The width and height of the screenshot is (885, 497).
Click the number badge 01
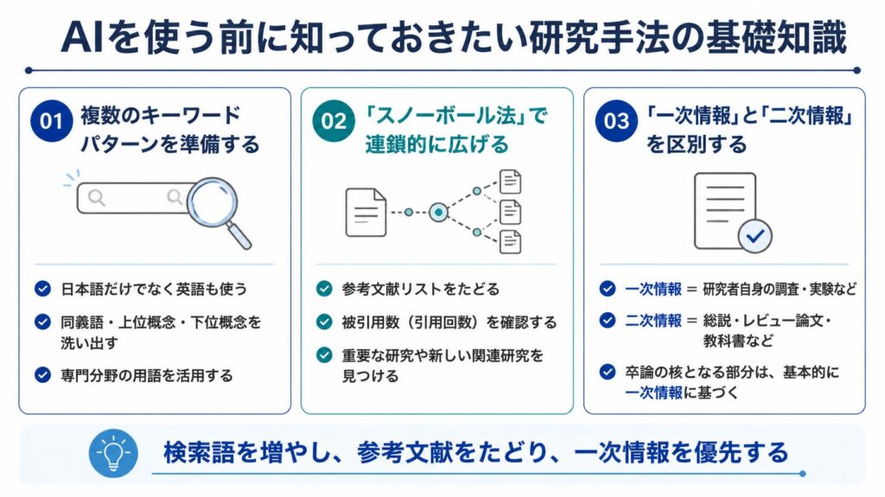pos(51,121)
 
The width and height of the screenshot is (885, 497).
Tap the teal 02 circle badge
pos(334,121)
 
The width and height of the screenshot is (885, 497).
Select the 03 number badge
pos(616,121)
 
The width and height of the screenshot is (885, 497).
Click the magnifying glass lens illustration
pos(213,203)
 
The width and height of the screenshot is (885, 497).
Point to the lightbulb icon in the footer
pos(113,453)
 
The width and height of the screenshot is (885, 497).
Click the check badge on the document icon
pos(755,236)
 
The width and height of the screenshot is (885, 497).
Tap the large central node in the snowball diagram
pos(438,213)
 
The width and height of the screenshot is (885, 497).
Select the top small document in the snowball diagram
pos(510,182)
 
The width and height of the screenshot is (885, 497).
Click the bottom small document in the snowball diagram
pos(510,242)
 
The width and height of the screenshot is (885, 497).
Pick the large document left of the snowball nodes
pos(366,213)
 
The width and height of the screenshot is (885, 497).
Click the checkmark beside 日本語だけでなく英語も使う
pos(43,289)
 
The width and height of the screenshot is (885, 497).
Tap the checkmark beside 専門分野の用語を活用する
pos(43,375)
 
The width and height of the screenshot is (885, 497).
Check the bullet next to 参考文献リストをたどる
pos(325,289)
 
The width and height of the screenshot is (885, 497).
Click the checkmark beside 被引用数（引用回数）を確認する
pos(325,322)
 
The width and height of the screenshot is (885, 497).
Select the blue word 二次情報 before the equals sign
pos(653,321)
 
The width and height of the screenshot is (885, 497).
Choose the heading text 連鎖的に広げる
pos(436,144)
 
